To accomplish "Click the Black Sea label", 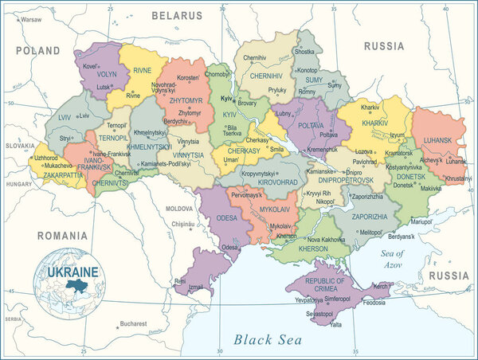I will tap(268, 339).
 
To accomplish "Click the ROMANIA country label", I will tap(61, 236).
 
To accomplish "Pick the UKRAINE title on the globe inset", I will tap(72, 272).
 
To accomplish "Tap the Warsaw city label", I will tap(31, 18).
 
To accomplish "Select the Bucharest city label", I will tap(128, 324).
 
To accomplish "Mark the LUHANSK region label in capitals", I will tap(437, 140).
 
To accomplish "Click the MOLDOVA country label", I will tap(179, 208).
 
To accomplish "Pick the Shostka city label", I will tap(304, 51).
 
